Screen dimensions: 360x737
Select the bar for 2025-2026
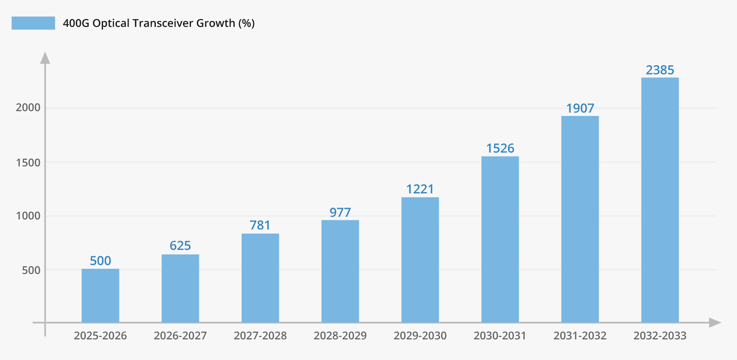(100, 296)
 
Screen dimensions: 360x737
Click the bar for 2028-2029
(340, 271)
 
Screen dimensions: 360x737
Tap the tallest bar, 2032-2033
(660, 200)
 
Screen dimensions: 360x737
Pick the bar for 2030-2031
(500, 239)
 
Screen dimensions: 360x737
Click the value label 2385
(660, 70)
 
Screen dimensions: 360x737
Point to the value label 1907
(580, 108)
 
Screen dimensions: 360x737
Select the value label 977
(340, 213)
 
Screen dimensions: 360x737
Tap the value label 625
(180, 246)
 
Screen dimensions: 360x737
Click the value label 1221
(420, 189)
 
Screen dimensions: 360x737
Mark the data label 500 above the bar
(100, 261)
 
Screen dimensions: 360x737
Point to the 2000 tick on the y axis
(28, 108)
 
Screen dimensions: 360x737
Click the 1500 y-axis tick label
(28, 162)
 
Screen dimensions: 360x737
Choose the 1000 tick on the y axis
(28, 216)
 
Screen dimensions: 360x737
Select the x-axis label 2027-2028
(260, 336)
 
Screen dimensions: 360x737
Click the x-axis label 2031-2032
(580, 336)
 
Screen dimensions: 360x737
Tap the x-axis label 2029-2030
(420, 336)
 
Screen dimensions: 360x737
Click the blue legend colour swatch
(33, 23)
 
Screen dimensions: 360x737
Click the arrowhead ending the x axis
(714, 323)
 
